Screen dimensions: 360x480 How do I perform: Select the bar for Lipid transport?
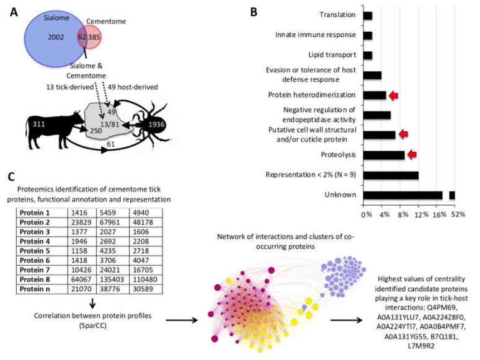tap(368, 56)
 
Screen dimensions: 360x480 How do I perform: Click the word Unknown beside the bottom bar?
tap(344, 194)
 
